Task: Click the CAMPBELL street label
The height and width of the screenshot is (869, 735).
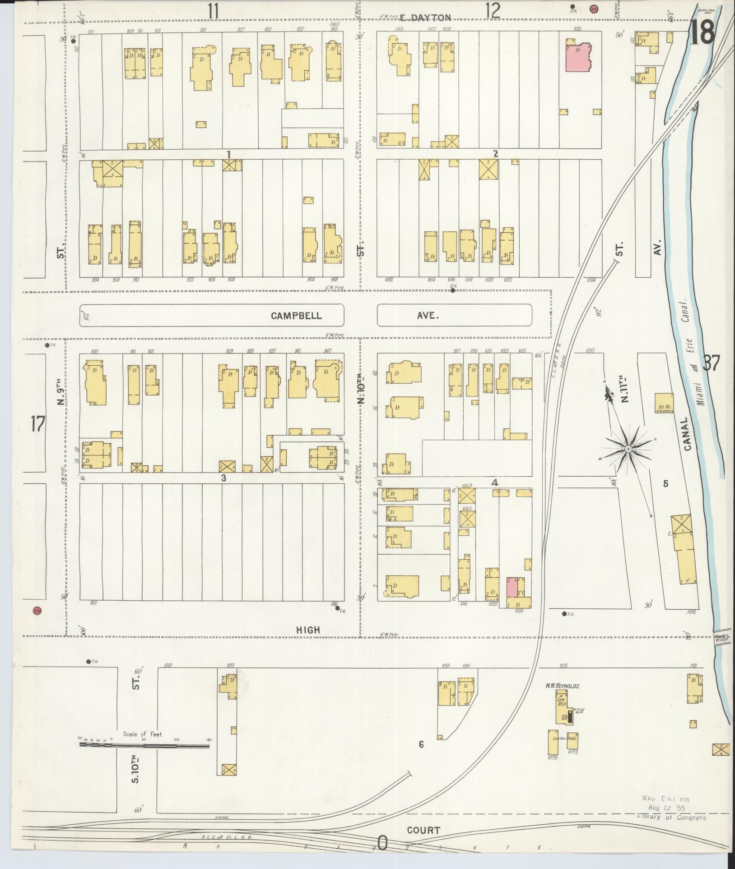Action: coord(296,315)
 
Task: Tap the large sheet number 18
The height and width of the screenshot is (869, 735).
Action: coord(702,32)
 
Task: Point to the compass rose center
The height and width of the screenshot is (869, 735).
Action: coord(628,449)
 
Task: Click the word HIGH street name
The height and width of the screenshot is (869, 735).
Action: coord(308,630)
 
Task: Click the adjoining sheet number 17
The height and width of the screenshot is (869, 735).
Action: coord(37,424)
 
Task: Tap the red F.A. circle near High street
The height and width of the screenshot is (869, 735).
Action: coord(37,611)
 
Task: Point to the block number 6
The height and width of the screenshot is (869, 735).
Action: coord(421,745)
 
